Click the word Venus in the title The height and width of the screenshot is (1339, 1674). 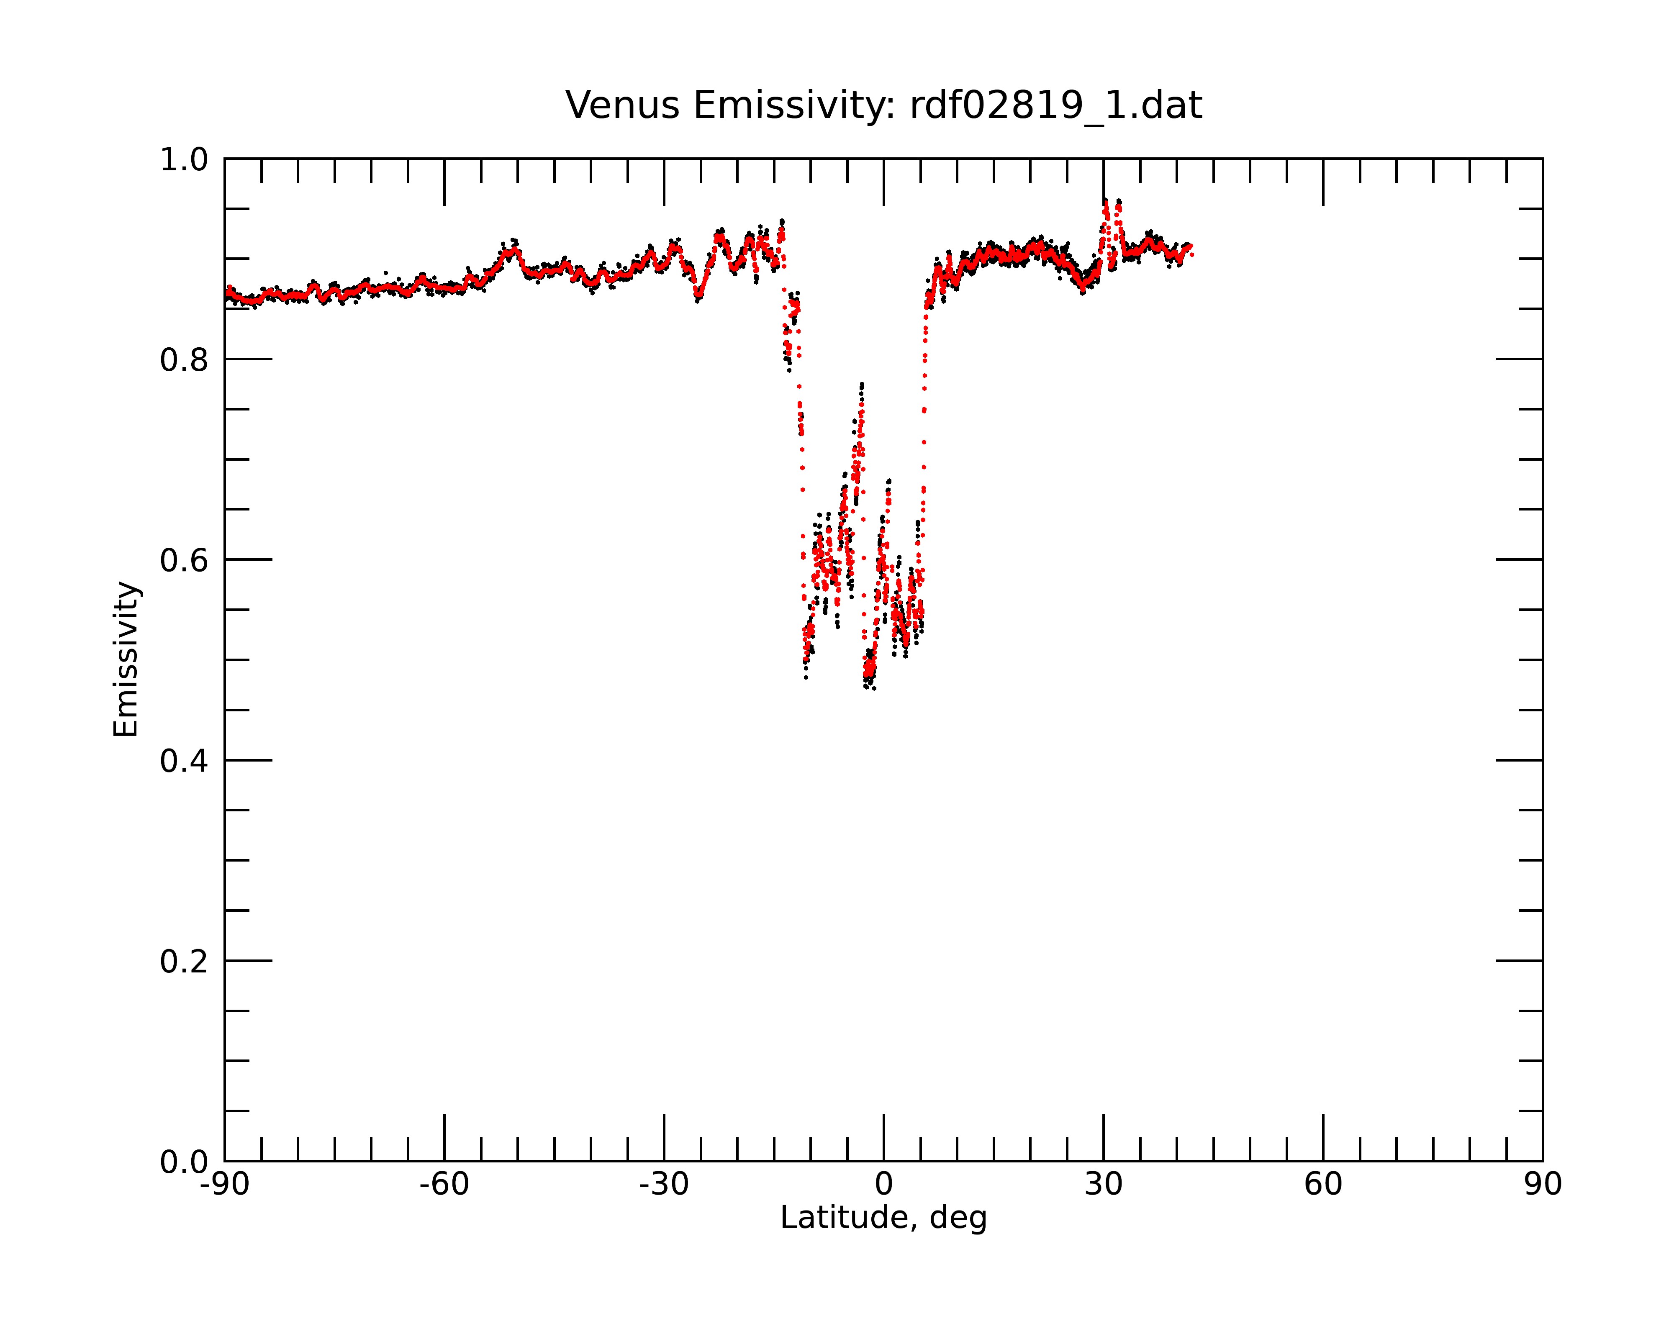coord(623,105)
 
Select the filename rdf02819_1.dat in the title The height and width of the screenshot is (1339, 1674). coord(1056,105)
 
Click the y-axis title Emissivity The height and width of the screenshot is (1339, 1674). coord(126,659)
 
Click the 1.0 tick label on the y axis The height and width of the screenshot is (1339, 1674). coord(184,160)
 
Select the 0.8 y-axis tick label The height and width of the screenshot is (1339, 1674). coord(184,360)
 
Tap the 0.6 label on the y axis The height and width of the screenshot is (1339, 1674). coord(184,560)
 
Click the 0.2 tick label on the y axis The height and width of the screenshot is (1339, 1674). coord(184,962)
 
